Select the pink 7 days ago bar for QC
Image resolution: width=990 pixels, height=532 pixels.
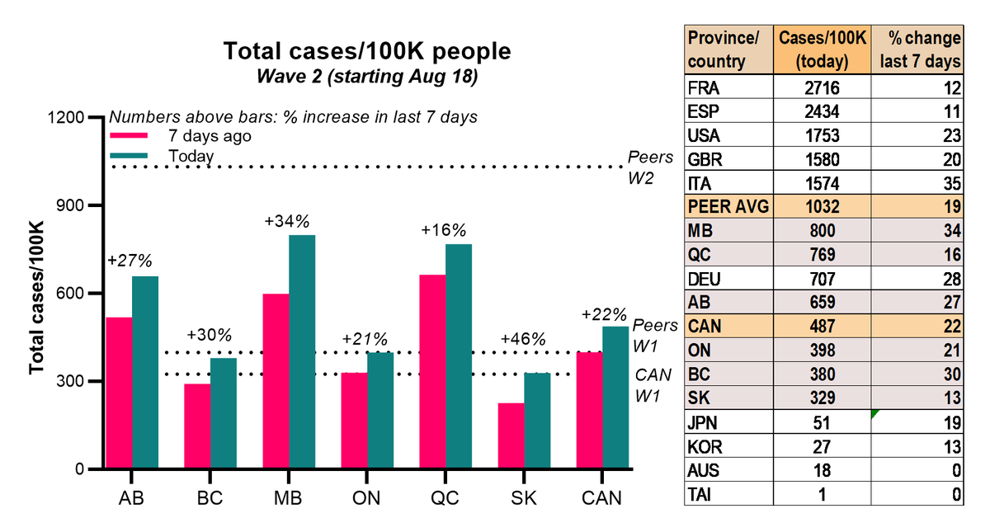coord(455,372)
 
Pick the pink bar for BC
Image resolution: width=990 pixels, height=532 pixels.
coord(197,426)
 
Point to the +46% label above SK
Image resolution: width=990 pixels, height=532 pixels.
coord(522,339)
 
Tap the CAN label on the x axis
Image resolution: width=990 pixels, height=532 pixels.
coord(602,499)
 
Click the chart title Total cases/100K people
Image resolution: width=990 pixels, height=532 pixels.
coord(367,51)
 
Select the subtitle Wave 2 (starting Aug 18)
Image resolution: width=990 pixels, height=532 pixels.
coord(367,76)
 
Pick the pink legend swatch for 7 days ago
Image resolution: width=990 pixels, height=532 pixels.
coord(129,137)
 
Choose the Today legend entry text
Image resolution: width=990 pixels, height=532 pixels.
coord(191,156)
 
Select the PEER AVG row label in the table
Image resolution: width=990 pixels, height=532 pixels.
coord(727,207)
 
